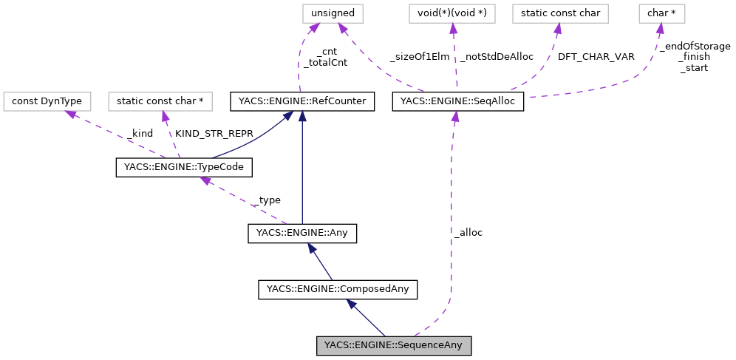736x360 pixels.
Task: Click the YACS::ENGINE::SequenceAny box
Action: coord(393,345)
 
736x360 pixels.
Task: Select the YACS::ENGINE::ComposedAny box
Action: coord(338,289)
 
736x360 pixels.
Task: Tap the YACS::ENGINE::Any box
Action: coord(302,234)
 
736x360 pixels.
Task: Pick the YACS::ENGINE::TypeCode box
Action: coord(185,168)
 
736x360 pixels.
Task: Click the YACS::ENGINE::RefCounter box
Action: coord(302,101)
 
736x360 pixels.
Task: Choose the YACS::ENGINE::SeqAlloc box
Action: coord(457,101)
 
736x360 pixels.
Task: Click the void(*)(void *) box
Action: coord(452,13)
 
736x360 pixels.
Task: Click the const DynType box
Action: coord(47,101)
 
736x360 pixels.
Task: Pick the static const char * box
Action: coord(160,101)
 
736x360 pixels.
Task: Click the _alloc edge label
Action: coord(468,232)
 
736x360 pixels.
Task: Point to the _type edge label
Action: coord(267,200)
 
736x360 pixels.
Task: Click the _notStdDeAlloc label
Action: coord(497,56)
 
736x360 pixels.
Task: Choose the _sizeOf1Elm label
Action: coord(420,56)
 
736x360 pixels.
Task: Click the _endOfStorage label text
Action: coord(695,46)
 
